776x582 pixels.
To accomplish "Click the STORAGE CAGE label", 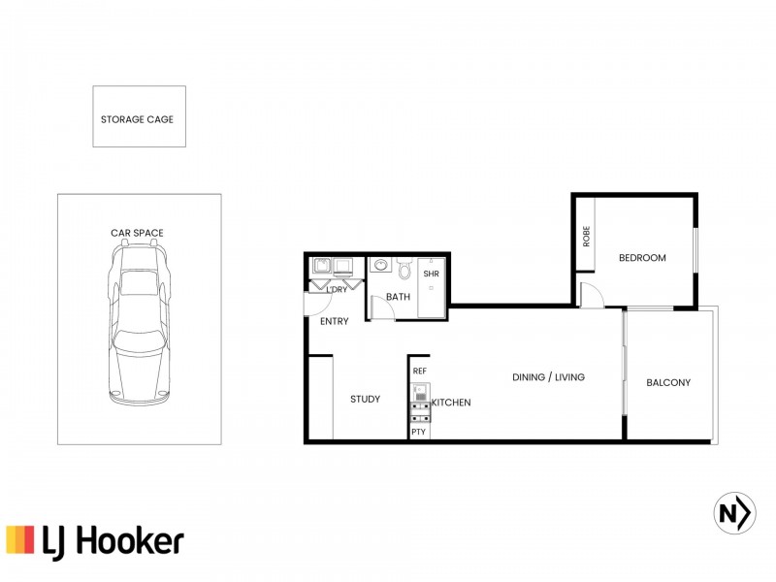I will [x=138, y=120].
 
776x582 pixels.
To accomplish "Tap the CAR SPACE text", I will [x=137, y=233].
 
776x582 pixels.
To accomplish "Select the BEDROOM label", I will [x=642, y=258].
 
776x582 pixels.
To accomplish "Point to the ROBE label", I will [x=586, y=237].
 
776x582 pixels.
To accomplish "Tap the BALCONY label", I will [x=668, y=382].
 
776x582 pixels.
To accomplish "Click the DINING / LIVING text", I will [x=548, y=377].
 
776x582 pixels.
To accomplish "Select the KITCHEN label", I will [x=451, y=403].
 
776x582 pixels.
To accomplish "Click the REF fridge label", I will [x=419, y=372].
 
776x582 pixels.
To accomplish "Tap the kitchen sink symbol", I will [x=420, y=394].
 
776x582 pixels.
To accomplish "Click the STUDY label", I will [x=365, y=400].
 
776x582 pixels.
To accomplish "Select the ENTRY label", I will [x=334, y=321].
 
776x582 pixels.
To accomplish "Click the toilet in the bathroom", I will [x=405, y=267].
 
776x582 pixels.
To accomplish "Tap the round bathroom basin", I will [x=379, y=265].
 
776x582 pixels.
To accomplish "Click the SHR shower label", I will [x=432, y=275].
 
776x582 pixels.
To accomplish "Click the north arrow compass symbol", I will [x=734, y=512].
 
